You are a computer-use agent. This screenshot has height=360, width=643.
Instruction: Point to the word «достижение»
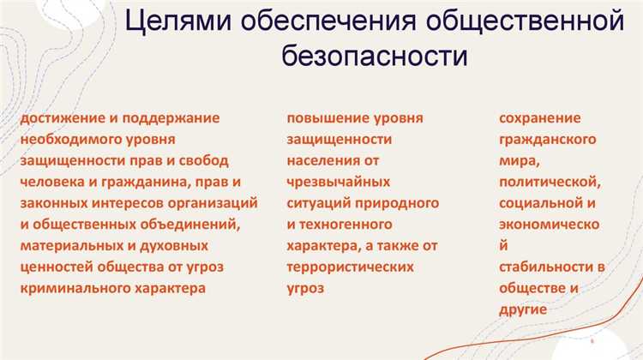tap(61, 117)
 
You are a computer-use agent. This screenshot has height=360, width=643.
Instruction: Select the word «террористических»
tap(350, 267)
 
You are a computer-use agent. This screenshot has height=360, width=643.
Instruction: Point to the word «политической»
tap(550, 182)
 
